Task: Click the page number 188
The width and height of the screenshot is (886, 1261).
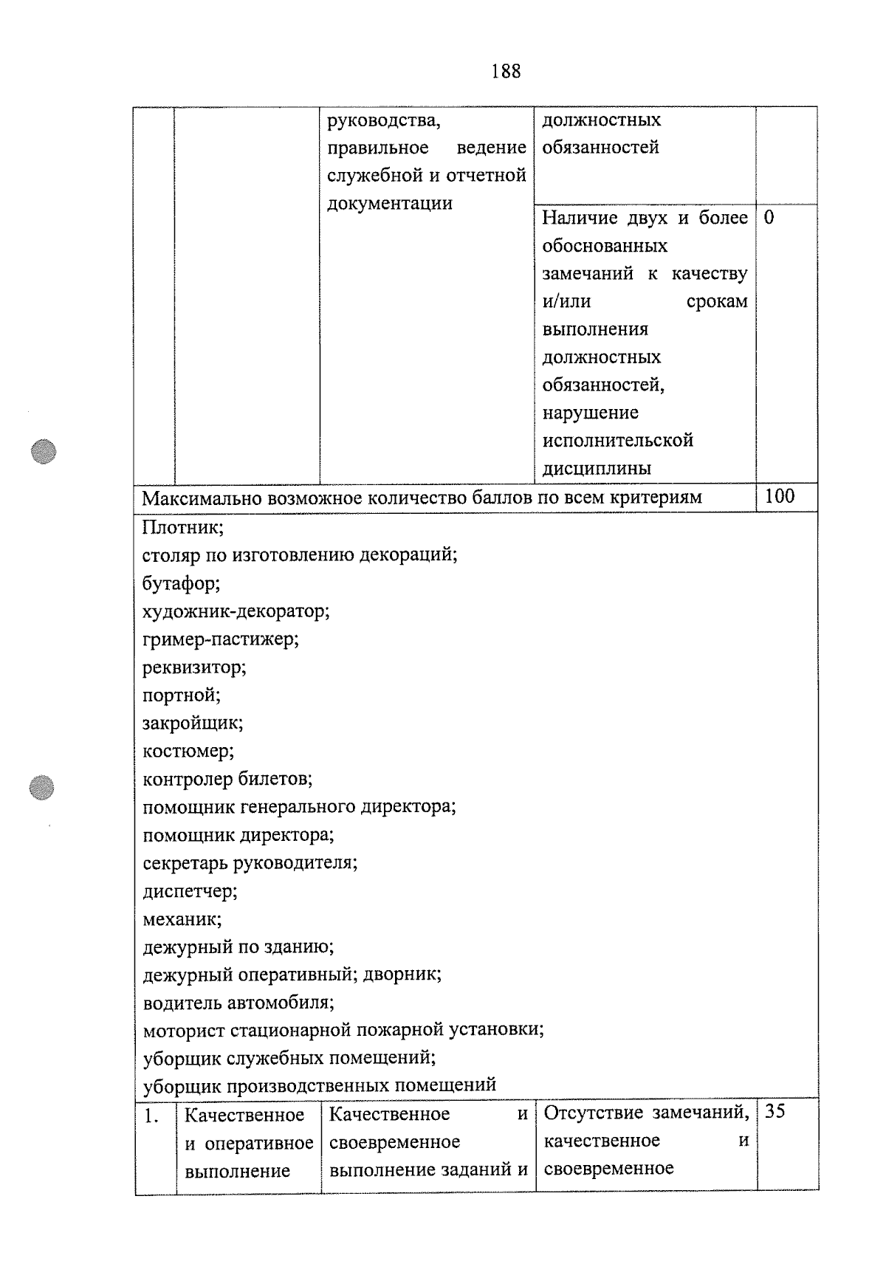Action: (x=505, y=72)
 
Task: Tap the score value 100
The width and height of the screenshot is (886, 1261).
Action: (x=780, y=496)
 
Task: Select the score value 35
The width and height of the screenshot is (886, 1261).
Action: (x=775, y=1112)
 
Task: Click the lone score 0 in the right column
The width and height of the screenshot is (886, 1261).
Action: (x=769, y=218)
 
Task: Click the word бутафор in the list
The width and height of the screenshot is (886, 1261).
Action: (x=181, y=584)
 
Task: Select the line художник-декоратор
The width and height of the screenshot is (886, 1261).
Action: (x=236, y=611)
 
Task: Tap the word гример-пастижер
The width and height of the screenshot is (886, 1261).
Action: (x=220, y=639)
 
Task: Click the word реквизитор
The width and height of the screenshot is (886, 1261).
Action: (x=194, y=667)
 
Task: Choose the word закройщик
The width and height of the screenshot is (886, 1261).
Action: (x=192, y=723)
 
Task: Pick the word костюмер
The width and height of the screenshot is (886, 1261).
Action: (x=188, y=751)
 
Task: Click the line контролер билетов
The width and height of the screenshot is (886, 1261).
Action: (x=227, y=779)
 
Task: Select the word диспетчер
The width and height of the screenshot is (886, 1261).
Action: (x=190, y=891)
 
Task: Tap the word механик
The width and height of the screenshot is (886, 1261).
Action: (x=182, y=919)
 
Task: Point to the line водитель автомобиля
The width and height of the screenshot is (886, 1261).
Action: (x=238, y=1003)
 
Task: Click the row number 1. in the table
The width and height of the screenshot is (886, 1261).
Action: (x=151, y=1116)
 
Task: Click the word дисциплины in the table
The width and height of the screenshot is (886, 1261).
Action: (x=597, y=469)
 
